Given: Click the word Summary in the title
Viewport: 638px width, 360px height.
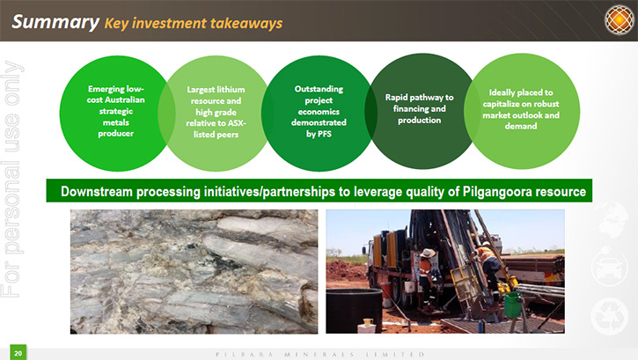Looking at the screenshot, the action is click(x=55, y=22).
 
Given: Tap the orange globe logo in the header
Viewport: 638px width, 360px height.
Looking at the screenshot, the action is click(x=619, y=19).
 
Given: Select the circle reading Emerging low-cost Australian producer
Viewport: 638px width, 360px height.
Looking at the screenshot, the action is click(x=116, y=114).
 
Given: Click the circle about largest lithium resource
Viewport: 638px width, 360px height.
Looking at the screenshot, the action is click(x=216, y=114).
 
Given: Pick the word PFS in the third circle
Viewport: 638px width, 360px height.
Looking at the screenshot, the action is click(x=325, y=134).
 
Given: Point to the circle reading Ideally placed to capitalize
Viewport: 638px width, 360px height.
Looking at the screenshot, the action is click(x=522, y=111).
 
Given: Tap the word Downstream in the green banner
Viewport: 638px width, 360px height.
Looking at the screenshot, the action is click(x=97, y=191).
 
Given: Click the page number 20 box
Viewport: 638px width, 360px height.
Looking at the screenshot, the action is click(x=18, y=353).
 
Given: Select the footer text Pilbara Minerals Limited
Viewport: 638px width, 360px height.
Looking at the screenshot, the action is click(x=320, y=355).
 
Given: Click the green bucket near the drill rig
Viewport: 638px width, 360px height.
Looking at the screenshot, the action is click(x=513, y=304).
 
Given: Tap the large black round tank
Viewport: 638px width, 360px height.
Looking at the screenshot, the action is click(x=354, y=311).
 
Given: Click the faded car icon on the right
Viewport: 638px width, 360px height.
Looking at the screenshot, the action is click(x=609, y=268).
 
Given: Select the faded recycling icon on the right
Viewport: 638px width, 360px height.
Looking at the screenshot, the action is click(x=609, y=316).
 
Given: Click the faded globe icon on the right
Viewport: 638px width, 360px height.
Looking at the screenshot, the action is click(x=611, y=220).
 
